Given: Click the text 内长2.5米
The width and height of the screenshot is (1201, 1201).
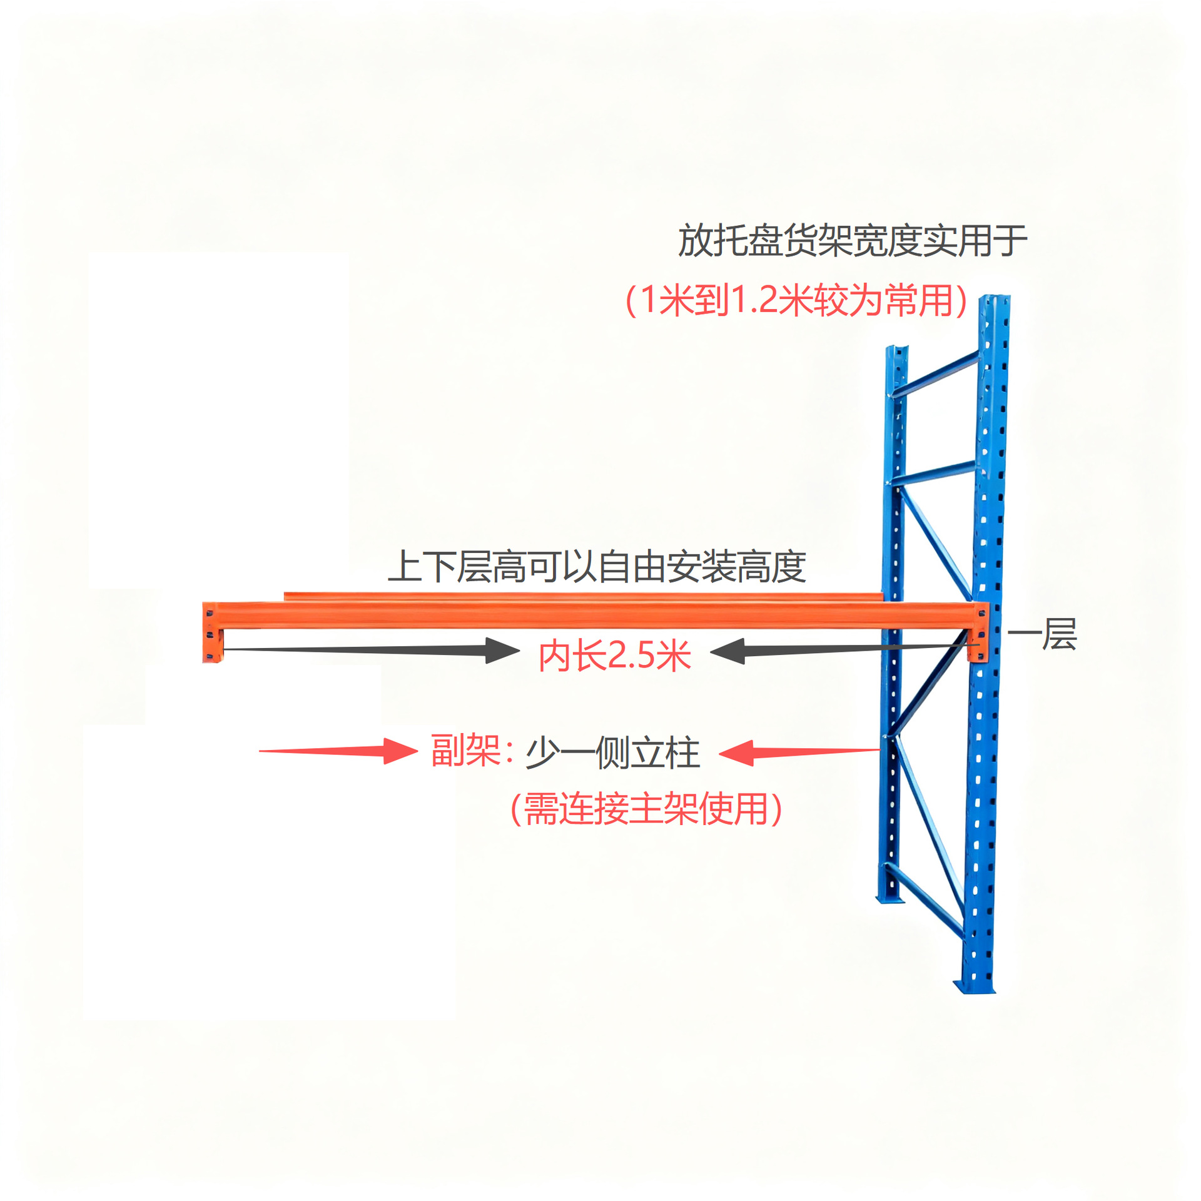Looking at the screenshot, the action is pyautogui.click(x=615, y=656).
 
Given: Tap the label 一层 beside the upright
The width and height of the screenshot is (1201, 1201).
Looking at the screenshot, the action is pyautogui.click(x=1042, y=634).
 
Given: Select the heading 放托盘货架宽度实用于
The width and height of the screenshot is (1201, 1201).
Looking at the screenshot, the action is pyautogui.click(x=852, y=241).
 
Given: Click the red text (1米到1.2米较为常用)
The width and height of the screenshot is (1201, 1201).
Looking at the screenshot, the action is pyautogui.click(x=796, y=300).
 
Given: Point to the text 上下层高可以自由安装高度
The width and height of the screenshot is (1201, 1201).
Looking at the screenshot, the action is pyautogui.click(x=597, y=567).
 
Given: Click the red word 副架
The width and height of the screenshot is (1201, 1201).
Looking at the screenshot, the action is pyautogui.click(x=465, y=751).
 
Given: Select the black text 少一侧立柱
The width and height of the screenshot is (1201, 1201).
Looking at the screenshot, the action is pyautogui.click(x=612, y=753).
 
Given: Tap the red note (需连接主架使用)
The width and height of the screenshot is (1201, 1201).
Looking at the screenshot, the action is pyautogui.click(x=646, y=809).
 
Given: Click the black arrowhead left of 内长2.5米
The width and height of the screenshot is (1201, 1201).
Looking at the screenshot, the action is pyautogui.click(x=501, y=651).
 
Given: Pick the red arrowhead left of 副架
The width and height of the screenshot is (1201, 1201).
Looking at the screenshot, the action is pyautogui.click(x=399, y=751).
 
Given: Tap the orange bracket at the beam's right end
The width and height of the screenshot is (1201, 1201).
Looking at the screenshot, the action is pyautogui.click(x=979, y=632).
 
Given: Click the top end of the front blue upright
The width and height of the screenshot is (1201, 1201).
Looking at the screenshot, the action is pyautogui.click(x=995, y=302).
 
